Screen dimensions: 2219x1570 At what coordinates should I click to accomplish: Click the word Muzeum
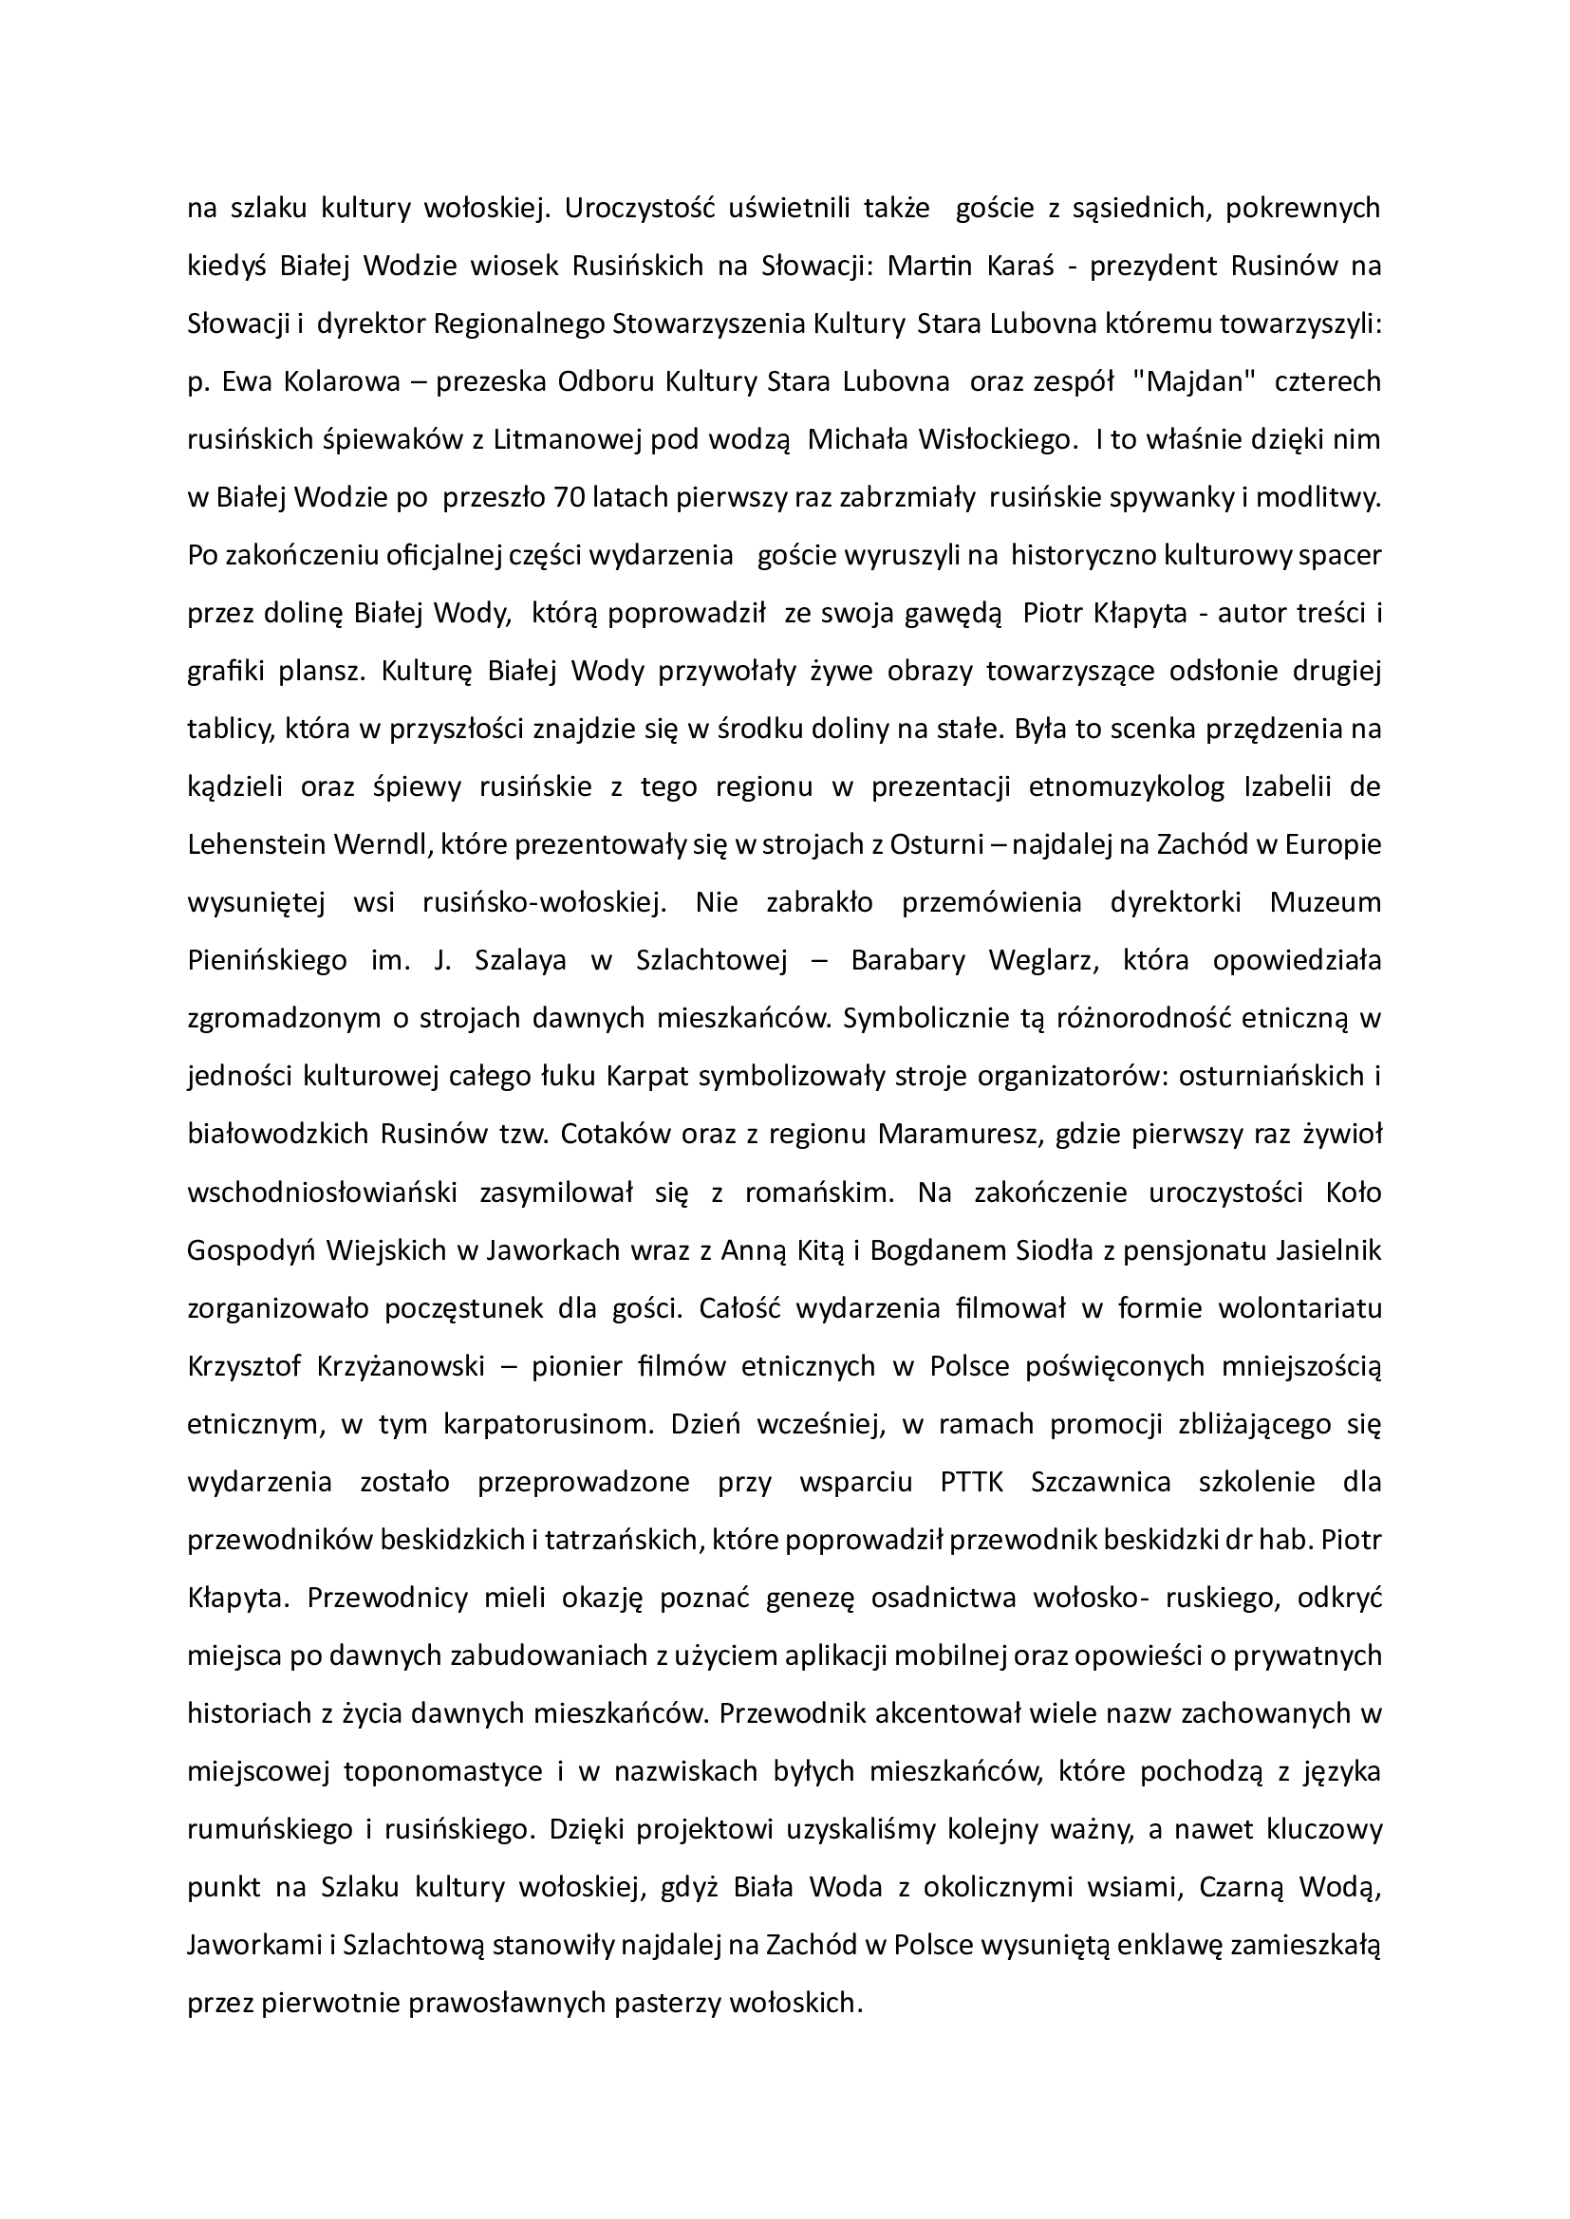click(x=1325, y=902)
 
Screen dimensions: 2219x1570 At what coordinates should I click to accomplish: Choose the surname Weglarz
click(x=1044, y=961)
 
